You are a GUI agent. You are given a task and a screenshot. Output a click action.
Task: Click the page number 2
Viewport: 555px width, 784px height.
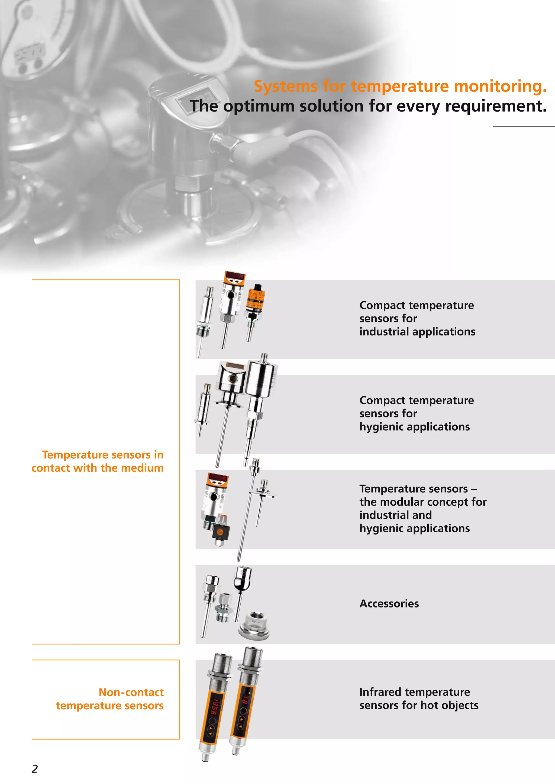pos(34,768)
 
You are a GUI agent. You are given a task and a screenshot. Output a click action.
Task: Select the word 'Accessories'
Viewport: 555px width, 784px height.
pos(389,603)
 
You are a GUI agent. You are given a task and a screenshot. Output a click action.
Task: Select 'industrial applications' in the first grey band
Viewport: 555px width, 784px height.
pos(417,332)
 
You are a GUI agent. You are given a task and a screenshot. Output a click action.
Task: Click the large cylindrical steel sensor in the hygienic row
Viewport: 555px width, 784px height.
pos(262,380)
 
